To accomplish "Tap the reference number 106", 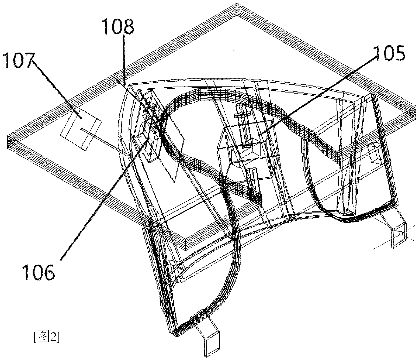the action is (x=39, y=272).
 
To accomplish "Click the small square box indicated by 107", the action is (x=81, y=130).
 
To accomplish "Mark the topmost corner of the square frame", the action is (x=237, y=4).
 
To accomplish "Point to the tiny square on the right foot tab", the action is (x=401, y=234).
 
